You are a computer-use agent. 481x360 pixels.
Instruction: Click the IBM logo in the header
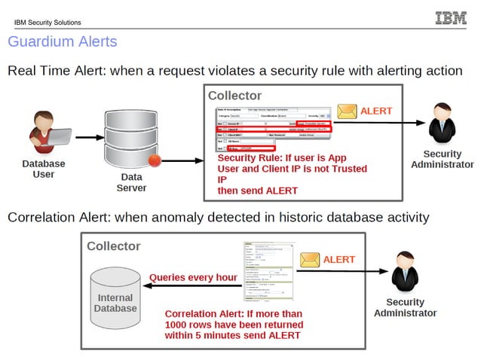(x=451, y=18)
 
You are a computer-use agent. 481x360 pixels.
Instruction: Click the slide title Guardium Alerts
(x=62, y=41)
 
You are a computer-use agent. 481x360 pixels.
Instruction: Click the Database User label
(x=44, y=169)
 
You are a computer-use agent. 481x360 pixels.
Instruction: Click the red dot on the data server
(x=155, y=160)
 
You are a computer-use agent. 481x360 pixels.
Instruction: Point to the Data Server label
(x=131, y=182)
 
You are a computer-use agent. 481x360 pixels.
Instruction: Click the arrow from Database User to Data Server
(x=90, y=138)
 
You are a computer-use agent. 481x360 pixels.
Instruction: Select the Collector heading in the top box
(x=234, y=96)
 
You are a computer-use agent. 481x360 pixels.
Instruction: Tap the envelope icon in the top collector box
(x=347, y=111)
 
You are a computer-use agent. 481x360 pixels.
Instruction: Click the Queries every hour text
(x=193, y=277)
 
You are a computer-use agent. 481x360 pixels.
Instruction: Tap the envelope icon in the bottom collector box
(x=310, y=260)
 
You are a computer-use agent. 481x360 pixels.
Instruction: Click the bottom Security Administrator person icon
(x=406, y=273)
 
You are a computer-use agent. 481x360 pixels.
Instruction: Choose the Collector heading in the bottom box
(x=114, y=246)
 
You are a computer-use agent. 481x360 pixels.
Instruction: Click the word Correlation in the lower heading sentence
(x=40, y=218)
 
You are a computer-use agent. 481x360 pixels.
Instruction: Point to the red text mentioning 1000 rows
(x=234, y=324)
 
